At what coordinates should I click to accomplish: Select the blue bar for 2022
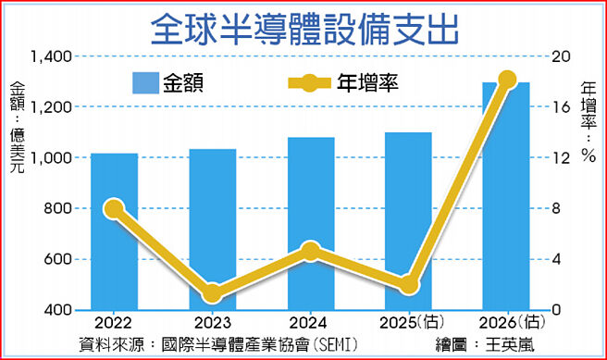114,231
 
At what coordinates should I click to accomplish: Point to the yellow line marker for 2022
114,209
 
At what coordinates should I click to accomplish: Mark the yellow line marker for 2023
213,294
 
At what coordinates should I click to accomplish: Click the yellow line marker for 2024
311,252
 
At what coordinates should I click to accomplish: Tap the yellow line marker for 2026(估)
507,80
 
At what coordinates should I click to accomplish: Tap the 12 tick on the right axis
553,158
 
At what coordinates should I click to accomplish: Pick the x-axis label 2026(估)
507,323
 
